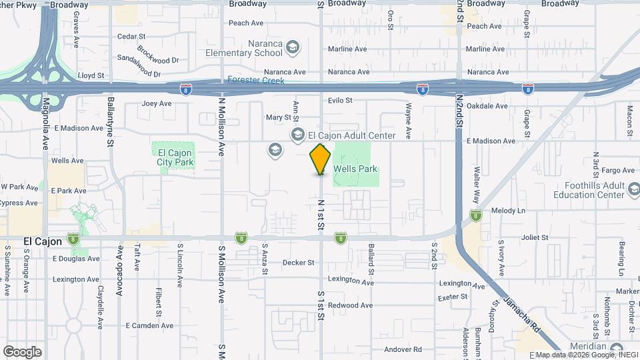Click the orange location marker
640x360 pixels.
tap(320, 159)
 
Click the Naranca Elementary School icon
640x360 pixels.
tap(293, 47)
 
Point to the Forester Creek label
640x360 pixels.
tap(256, 81)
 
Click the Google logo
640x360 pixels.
tap(22, 351)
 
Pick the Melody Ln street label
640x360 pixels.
tap(508, 211)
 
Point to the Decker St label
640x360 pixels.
tap(298, 263)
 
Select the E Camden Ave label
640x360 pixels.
tap(149, 325)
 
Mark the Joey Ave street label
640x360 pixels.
tap(157, 103)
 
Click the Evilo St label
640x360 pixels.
tap(340, 100)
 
